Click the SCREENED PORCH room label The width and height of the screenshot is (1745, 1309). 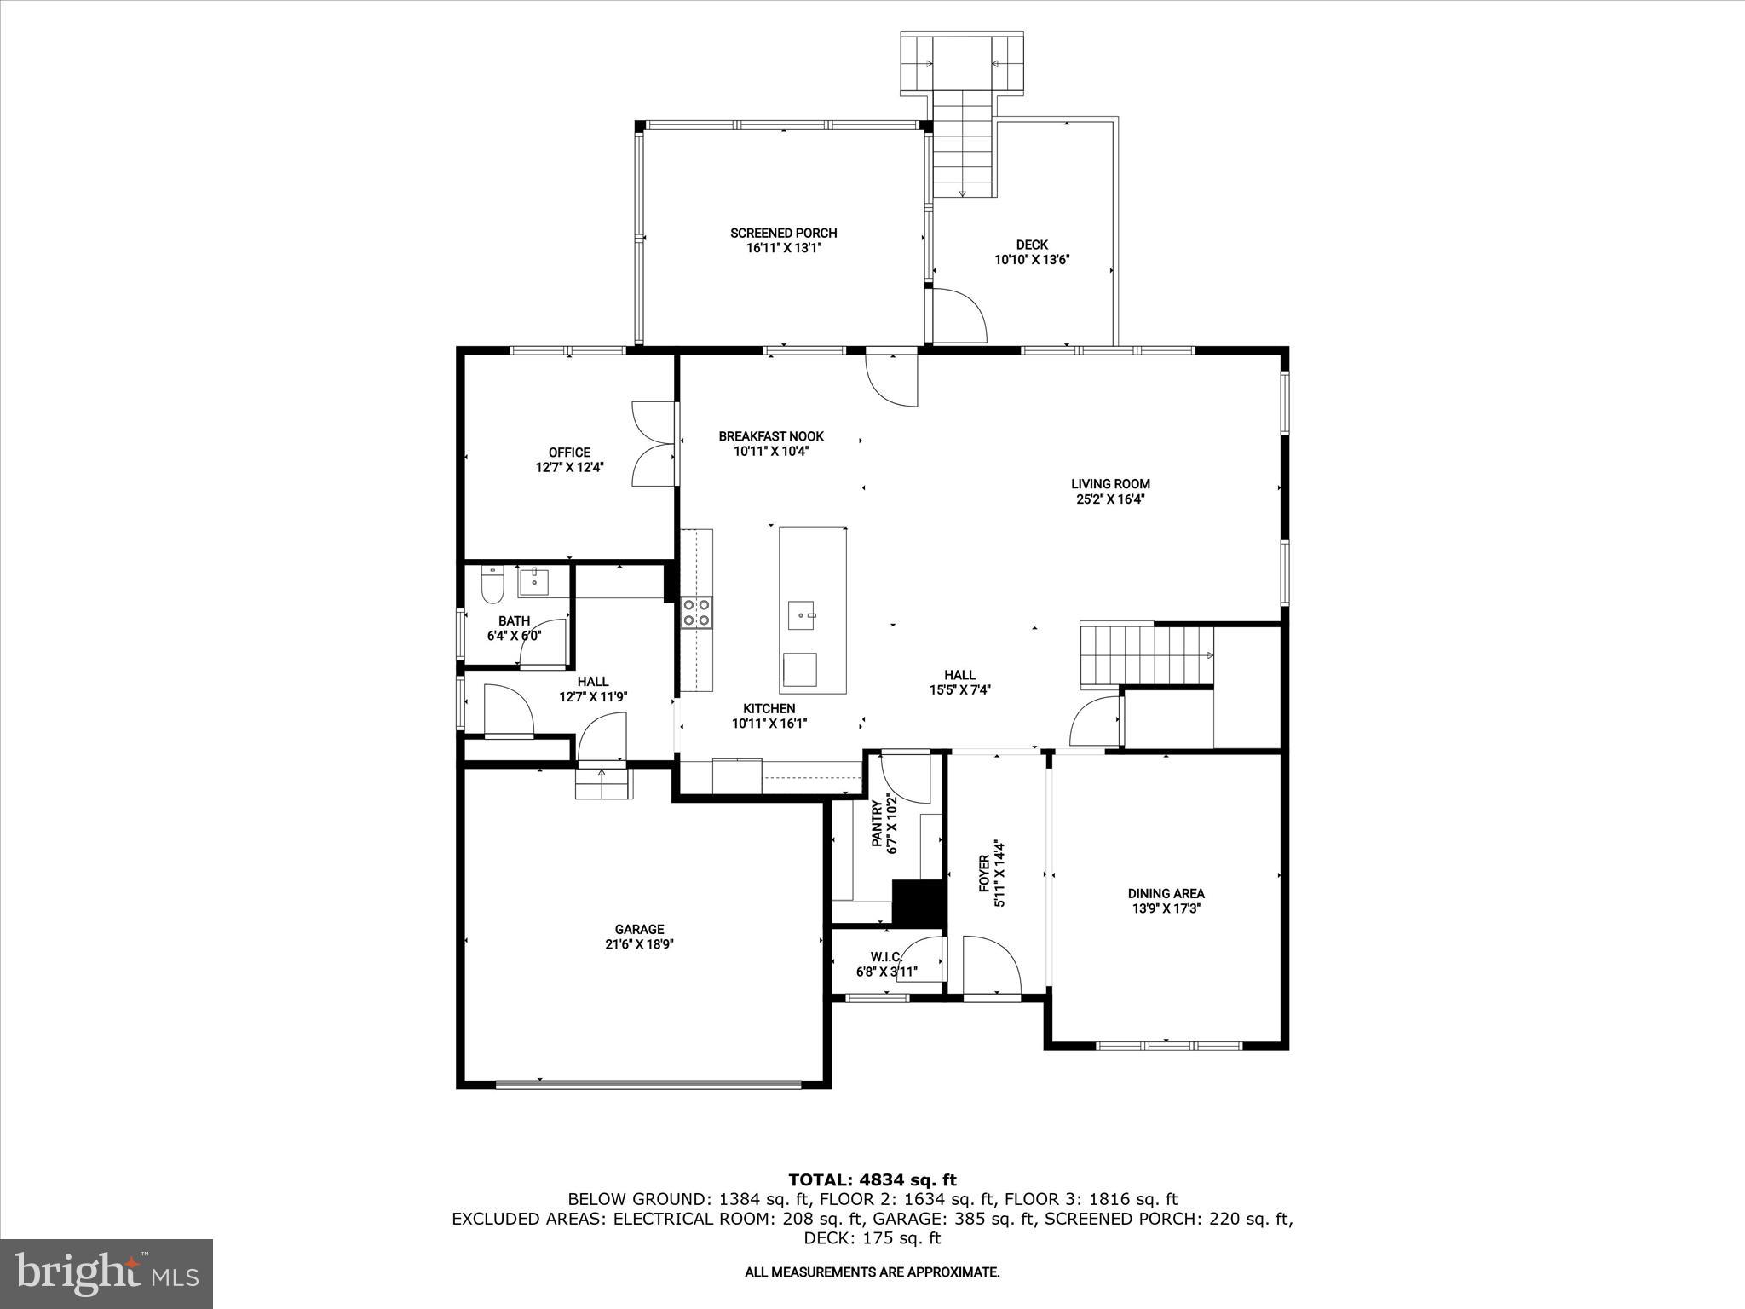[x=783, y=233]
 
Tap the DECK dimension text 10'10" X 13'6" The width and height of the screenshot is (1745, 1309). [x=1031, y=260]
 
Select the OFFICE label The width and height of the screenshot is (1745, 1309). [x=569, y=453]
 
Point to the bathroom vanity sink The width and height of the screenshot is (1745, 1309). [x=536, y=582]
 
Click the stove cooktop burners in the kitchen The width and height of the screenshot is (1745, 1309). [x=696, y=613]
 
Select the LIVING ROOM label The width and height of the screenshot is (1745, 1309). [x=1110, y=484]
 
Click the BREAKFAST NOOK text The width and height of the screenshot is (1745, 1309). [x=771, y=436]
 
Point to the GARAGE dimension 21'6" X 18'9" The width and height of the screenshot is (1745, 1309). [x=640, y=944]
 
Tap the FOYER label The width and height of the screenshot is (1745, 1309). [x=983, y=874]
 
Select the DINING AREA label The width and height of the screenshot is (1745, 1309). [x=1166, y=893]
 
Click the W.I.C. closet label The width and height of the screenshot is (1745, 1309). [x=886, y=956]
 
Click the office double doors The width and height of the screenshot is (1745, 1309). [x=653, y=444]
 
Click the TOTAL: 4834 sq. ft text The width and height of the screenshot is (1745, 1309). [x=872, y=1180]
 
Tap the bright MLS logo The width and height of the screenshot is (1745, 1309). [x=106, y=1273]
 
